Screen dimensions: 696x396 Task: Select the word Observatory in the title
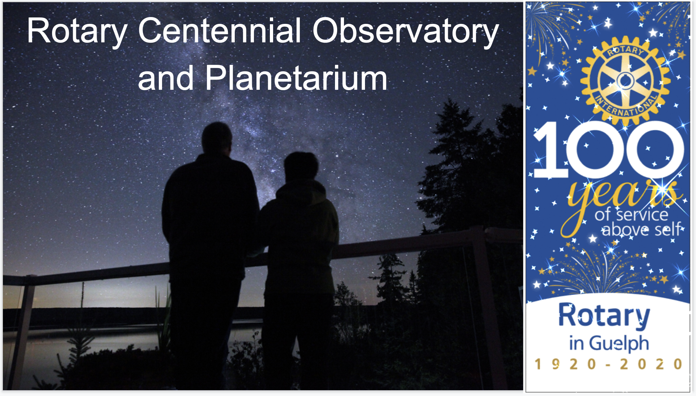point(406,33)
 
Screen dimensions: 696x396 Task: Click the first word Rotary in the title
point(77,33)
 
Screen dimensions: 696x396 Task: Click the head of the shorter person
point(301,167)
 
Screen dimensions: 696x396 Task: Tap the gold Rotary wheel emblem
point(625,80)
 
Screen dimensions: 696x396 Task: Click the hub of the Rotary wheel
point(625,81)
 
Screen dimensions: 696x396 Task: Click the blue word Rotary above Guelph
point(604,316)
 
